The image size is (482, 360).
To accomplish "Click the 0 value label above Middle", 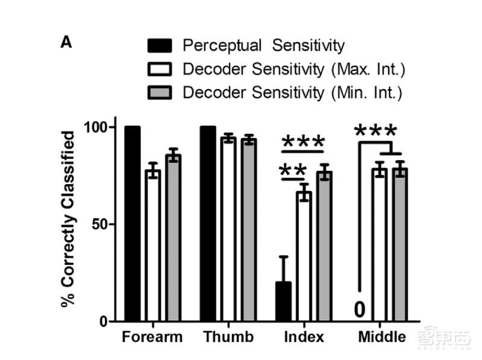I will tap(359, 309).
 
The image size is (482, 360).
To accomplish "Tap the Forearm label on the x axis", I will tap(152, 337).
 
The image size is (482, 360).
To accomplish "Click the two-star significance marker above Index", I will tap(293, 171).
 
